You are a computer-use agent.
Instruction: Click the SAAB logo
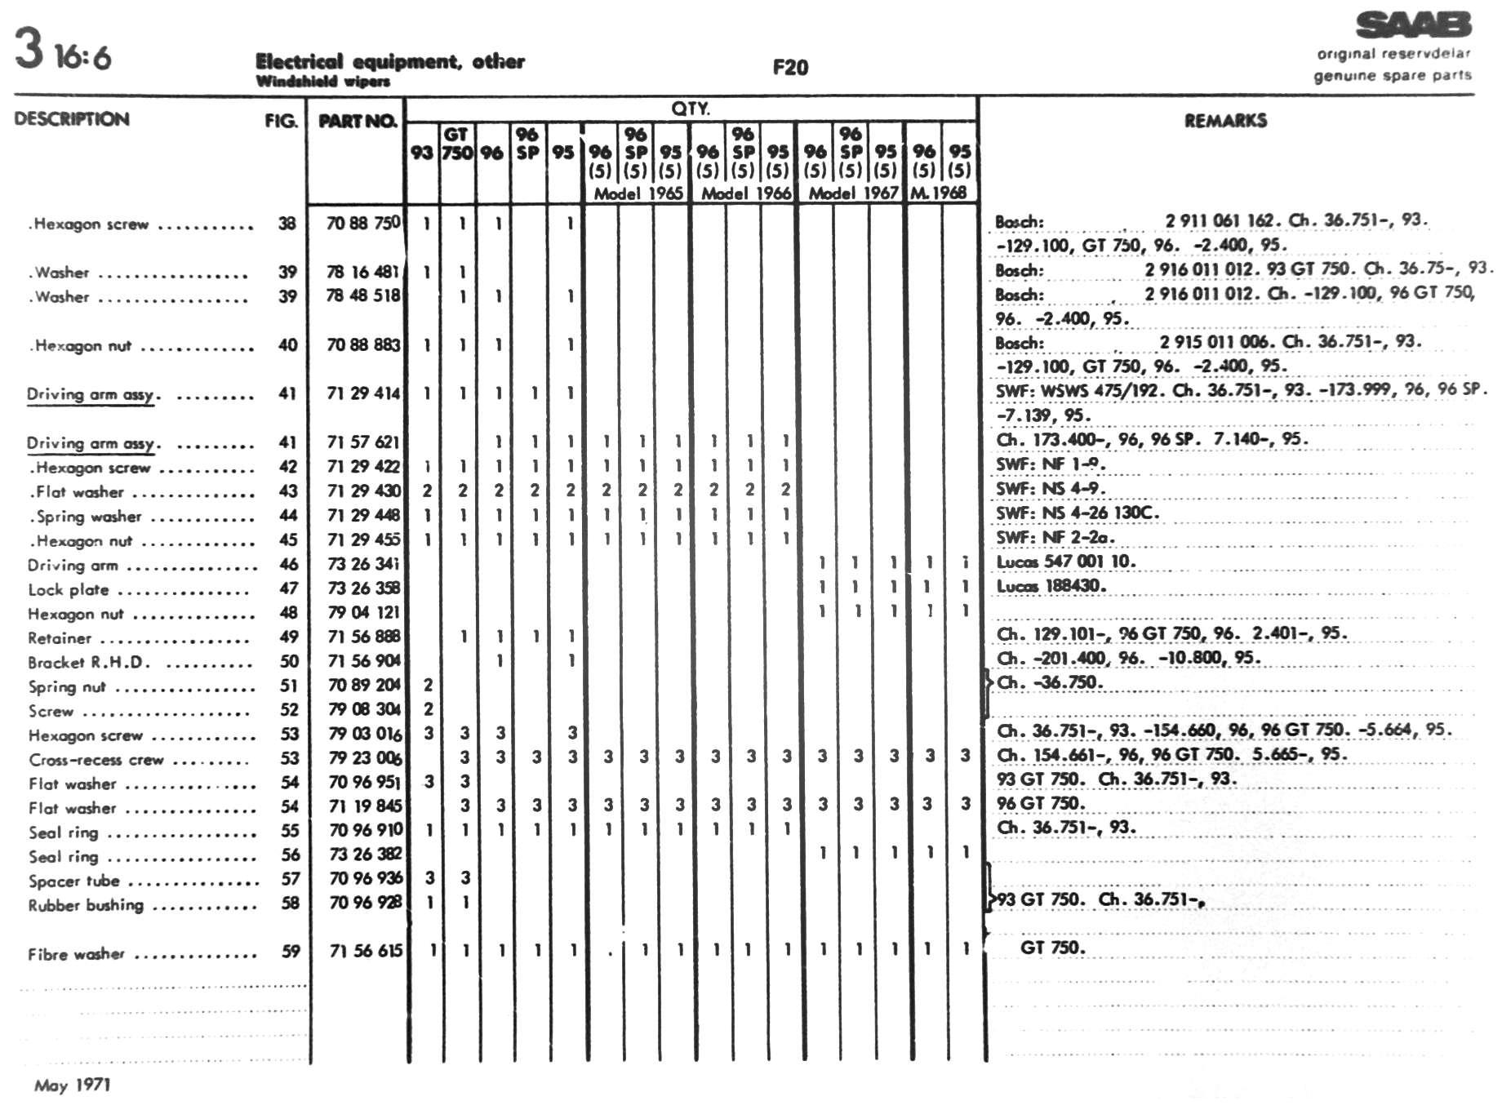click(x=1413, y=25)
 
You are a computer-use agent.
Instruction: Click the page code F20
click(x=789, y=68)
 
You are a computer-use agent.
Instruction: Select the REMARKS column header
click(x=1225, y=121)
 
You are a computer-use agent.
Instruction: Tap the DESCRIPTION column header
click(x=72, y=119)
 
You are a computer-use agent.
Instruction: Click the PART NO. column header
click(x=357, y=122)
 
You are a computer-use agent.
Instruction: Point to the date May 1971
click(x=72, y=1085)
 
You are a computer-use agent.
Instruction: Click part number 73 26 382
click(x=365, y=855)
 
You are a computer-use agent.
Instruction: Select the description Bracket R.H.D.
click(x=89, y=662)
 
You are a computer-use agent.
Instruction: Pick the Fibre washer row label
click(x=76, y=953)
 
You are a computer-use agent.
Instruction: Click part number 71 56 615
click(x=366, y=951)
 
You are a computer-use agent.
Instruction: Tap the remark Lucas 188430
click(x=1051, y=586)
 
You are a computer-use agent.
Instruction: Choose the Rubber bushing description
click(x=86, y=905)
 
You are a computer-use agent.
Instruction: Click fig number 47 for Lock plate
click(x=288, y=588)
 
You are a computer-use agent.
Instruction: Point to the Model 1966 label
click(x=745, y=193)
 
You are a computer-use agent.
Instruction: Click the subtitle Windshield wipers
click(x=322, y=82)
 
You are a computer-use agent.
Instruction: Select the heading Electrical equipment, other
click(x=389, y=61)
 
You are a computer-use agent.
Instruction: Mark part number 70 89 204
click(x=365, y=685)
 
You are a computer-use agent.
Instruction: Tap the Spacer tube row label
click(x=74, y=881)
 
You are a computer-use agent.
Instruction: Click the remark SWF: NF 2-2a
click(x=1055, y=537)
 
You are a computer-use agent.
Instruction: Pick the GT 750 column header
click(x=457, y=144)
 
